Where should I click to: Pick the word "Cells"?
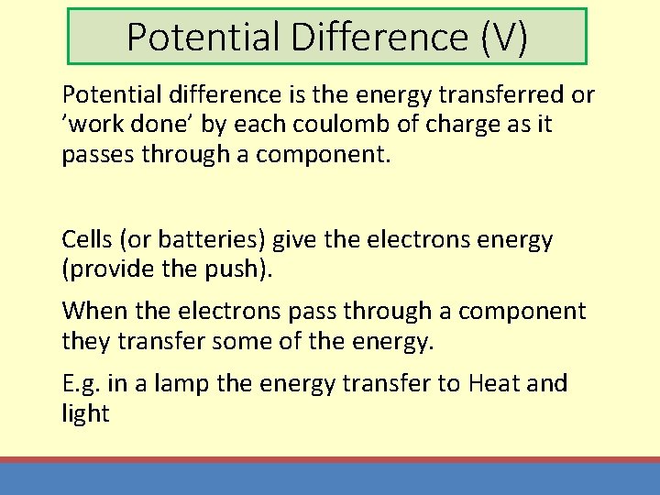(x=85, y=240)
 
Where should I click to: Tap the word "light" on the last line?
(x=85, y=413)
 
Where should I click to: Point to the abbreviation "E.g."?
(x=82, y=384)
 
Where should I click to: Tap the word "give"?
(x=296, y=240)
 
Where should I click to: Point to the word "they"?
(x=87, y=341)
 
